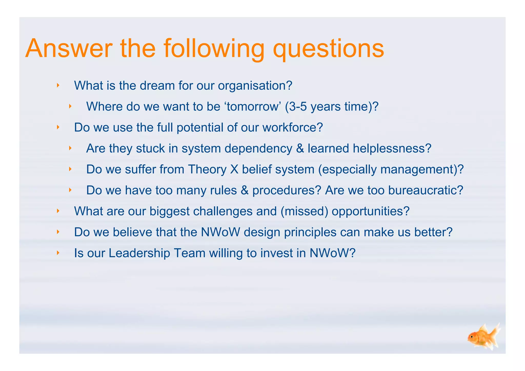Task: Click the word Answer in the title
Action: pyautogui.click(x=69, y=49)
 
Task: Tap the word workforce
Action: pyautogui.click(x=292, y=128)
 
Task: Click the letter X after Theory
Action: pyautogui.click(x=234, y=170)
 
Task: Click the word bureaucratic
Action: pyautogui.click(x=426, y=190)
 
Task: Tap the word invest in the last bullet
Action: pyautogui.click(x=277, y=253)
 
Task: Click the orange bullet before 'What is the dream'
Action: pyautogui.click(x=58, y=85)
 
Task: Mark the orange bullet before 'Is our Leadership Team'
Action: pyautogui.click(x=58, y=253)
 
